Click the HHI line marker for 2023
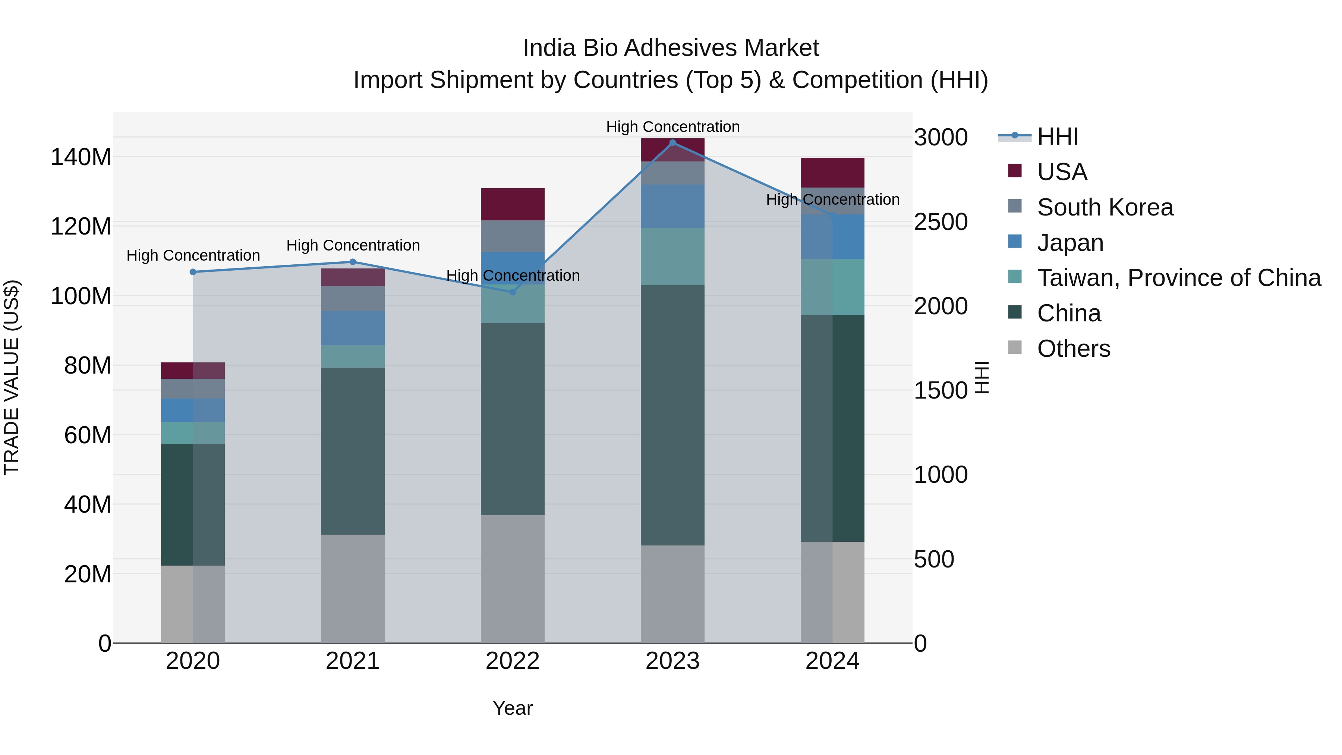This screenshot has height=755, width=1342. [x=672, y=143]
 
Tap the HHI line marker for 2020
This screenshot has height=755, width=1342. [x=193, y=272]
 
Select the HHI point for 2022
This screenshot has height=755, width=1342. [x=512, y=292]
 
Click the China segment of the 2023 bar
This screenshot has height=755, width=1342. [x=672, y=415]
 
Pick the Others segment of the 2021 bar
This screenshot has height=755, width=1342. [x=353, y=589]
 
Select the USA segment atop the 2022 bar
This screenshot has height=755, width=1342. [x=512, y=204]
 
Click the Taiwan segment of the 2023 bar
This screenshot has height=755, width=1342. [x=672, y=257]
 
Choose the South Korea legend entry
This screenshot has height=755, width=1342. [x=1105, y=207]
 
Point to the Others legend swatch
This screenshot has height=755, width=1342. [x=1014, y=347]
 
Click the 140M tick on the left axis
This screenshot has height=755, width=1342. [x=81, y=157]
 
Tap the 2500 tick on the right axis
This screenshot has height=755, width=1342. [x=941, y=222]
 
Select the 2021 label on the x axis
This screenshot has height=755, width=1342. [x=353, y=661]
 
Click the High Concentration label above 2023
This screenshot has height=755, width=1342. [x=672, y=127]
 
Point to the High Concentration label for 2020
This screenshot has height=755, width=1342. [x=193, y=255]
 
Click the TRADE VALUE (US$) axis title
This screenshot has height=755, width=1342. [x=12, y=377]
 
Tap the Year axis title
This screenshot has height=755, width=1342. [x=512, y=708]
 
